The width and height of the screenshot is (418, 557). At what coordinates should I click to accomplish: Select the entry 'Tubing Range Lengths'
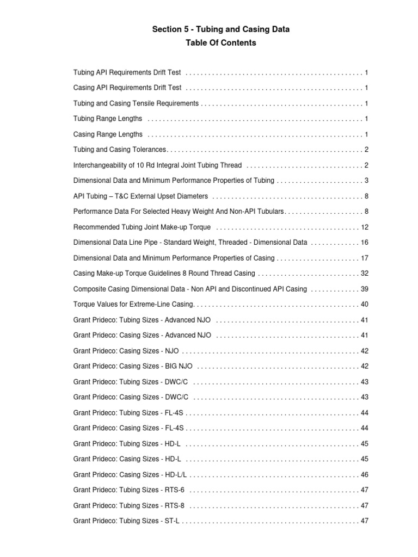pyautogui.click(x=108, y=119)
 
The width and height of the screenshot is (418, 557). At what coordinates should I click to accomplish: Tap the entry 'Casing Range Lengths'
pyautogui.click(x=108, y=134)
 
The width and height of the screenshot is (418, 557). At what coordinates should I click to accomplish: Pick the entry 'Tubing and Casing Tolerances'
pyautogui.click(x=120, y=150)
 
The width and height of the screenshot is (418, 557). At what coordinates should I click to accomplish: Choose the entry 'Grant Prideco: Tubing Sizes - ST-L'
pyautogui.click(x=126, y=521)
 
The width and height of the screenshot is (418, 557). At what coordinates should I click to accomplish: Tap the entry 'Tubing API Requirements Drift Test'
pyautogui.click(x=127, y=72)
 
